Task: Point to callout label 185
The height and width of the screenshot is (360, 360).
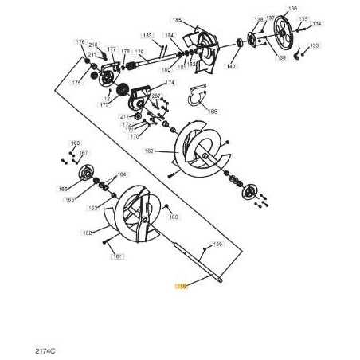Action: point(176,20)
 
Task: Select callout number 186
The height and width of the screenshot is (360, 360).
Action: point(212,112)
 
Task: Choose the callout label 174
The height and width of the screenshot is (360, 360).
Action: point(170,83)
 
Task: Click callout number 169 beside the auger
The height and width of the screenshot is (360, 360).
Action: point(149,150)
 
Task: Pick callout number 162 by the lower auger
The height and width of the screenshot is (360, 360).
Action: point(88,233)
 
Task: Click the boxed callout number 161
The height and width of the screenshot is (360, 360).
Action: point(116,256)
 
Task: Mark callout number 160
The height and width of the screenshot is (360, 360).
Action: point(174,217)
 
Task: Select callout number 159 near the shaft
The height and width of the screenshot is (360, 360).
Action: point(217,245)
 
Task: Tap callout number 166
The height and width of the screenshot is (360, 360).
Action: point(63,189)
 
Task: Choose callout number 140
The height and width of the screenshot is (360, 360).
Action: point(231,66)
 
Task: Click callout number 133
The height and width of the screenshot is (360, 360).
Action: point(314,46)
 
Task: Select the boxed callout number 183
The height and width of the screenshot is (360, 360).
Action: point(147,36)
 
